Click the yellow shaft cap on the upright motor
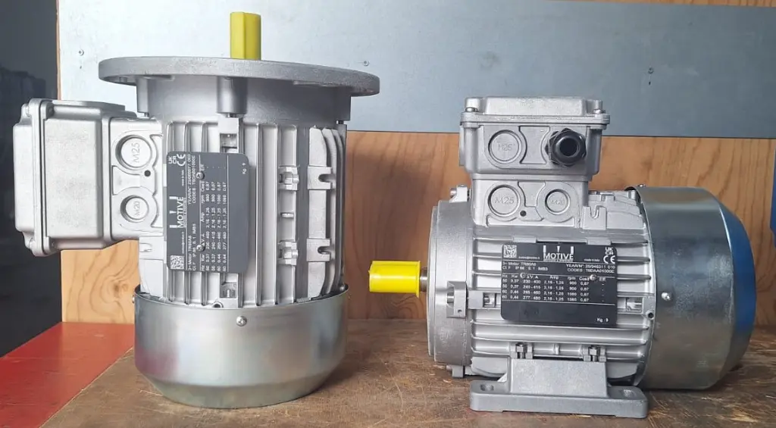[x=246, y=35]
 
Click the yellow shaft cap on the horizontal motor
[x=395, y=277]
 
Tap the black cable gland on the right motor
[x=565, y=146]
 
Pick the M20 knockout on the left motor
[x=136, y=206]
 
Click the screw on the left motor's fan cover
[x=241, y=320]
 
